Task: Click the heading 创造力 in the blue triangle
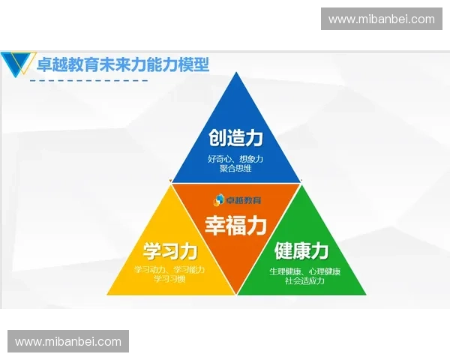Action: (x=235, y=138)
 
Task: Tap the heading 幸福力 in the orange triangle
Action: (x=235, y=224)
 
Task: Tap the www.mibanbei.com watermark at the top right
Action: (x=381, y=19)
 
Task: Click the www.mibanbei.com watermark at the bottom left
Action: (x=68, y=342)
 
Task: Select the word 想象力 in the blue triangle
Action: (x=250, y=159)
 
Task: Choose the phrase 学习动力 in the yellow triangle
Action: (x=151, y=269)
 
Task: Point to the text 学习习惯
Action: (x=169, y=279)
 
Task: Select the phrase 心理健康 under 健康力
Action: (x=325, y=271)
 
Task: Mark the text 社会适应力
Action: (x=304, y=280)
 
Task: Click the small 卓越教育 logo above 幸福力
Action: (x=235, y=199)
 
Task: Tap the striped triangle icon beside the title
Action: (x=16, y=64)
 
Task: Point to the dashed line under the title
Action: (x=86, y=80)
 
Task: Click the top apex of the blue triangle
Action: (x=236, y=74)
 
